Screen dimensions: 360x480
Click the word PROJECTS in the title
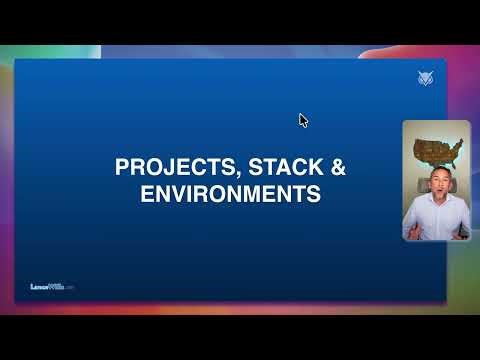[167, 168]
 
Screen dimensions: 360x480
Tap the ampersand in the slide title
[338, 168]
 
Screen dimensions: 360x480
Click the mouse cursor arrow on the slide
[303, 120]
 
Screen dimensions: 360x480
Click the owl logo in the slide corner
[426, 79]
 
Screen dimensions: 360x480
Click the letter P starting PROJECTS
[122, 168]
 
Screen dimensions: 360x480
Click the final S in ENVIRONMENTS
[314, 194]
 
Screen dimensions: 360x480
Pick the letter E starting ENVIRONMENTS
[145, 194]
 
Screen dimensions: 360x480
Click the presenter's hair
[436, 172]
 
